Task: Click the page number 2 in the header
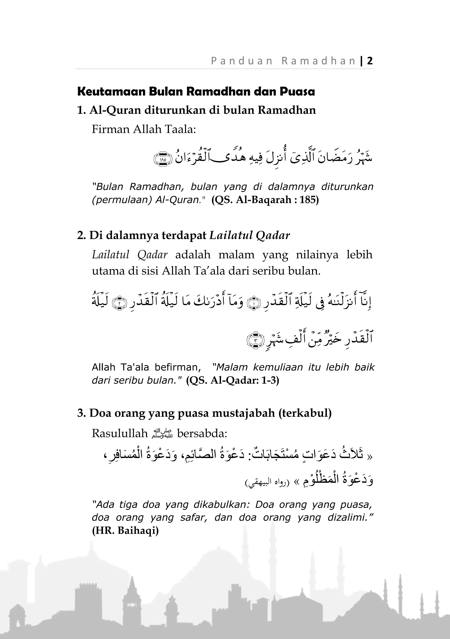370,61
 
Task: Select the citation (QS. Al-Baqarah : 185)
265,200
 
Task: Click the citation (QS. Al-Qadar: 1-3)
232,380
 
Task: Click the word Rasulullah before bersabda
120,433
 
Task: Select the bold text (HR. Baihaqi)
125,530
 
